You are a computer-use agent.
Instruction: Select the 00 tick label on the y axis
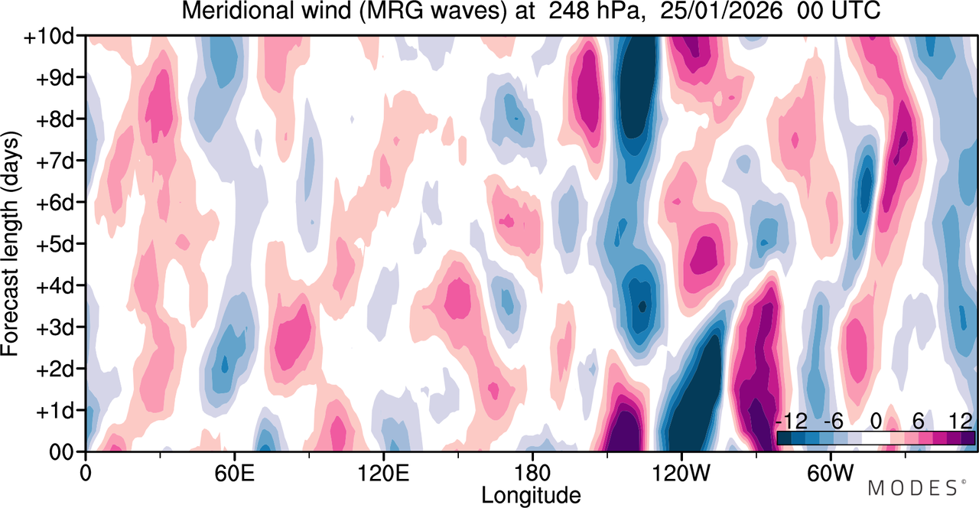coord(61,453)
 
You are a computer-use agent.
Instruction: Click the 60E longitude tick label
coord(234,474)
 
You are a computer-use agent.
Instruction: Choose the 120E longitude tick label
coord(383,474)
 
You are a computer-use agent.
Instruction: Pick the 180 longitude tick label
coord(532,474)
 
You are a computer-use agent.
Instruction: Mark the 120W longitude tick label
coord(681,474)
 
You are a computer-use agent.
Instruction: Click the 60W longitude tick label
coord(831,474)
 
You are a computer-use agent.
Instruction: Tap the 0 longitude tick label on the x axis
coord(86,474)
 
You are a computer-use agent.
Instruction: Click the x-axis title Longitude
coord(531,496)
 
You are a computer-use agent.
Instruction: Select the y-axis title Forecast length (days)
coord(11,243)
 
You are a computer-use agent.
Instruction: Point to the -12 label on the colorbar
coord(791,422)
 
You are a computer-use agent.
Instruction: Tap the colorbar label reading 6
coord(918,422)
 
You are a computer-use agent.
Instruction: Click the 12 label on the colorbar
coord(961,422)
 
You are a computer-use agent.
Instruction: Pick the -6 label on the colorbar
coord(833,422)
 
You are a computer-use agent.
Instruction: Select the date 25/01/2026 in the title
coord(721,11)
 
